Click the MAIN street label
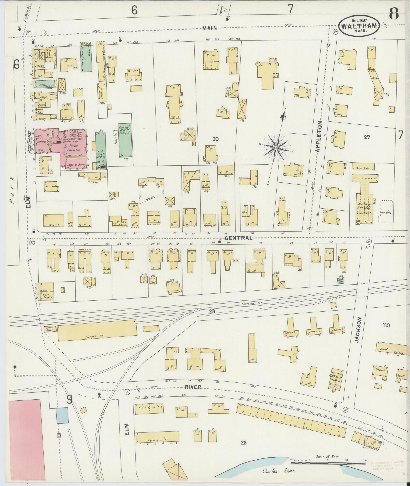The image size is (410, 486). click(x=210, y=28)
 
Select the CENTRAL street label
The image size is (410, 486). click(x=238, y=238)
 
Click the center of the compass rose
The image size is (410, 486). click(x=276, y=148)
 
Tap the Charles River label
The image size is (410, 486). click(x=278, y=471)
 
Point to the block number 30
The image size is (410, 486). click(x=216, y=139)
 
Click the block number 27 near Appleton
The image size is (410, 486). click(x=367, y=137)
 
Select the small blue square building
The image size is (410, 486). click(x=62, y=415)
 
